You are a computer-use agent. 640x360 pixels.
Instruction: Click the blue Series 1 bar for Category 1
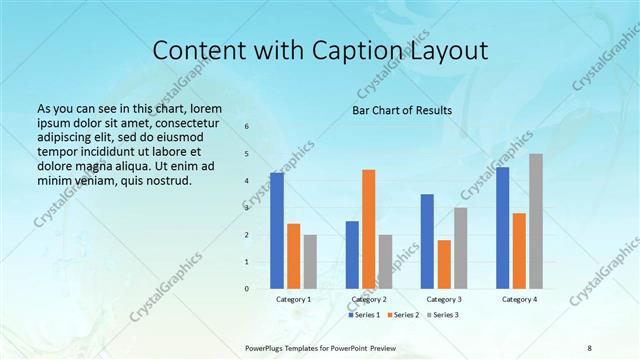click(x=277, y=231)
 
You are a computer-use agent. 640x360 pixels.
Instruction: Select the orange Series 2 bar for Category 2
click(x=368, y=229)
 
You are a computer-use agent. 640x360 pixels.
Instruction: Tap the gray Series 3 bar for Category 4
click(x=536, y=221)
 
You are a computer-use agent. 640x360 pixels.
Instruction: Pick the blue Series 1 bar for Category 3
click(x=427, y=241)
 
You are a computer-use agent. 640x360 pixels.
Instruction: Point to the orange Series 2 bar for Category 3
click(x=444, y=264)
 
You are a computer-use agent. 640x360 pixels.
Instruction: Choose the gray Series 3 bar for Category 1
click(x=310, y=262)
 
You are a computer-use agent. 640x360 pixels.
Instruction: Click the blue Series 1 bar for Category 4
click(x=502, y=228)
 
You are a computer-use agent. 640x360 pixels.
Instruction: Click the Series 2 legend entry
click(x=403, y=315)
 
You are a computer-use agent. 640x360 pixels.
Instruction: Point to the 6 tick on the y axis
click(x=247, y=127)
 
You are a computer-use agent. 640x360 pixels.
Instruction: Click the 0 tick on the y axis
click(x=247, y=289)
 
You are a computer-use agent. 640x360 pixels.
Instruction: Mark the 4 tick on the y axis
click(x=247, y=181)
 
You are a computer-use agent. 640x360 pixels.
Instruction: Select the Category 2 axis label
click(x=369, y=300)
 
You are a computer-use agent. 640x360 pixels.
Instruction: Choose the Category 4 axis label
click(x=519, y=300)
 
